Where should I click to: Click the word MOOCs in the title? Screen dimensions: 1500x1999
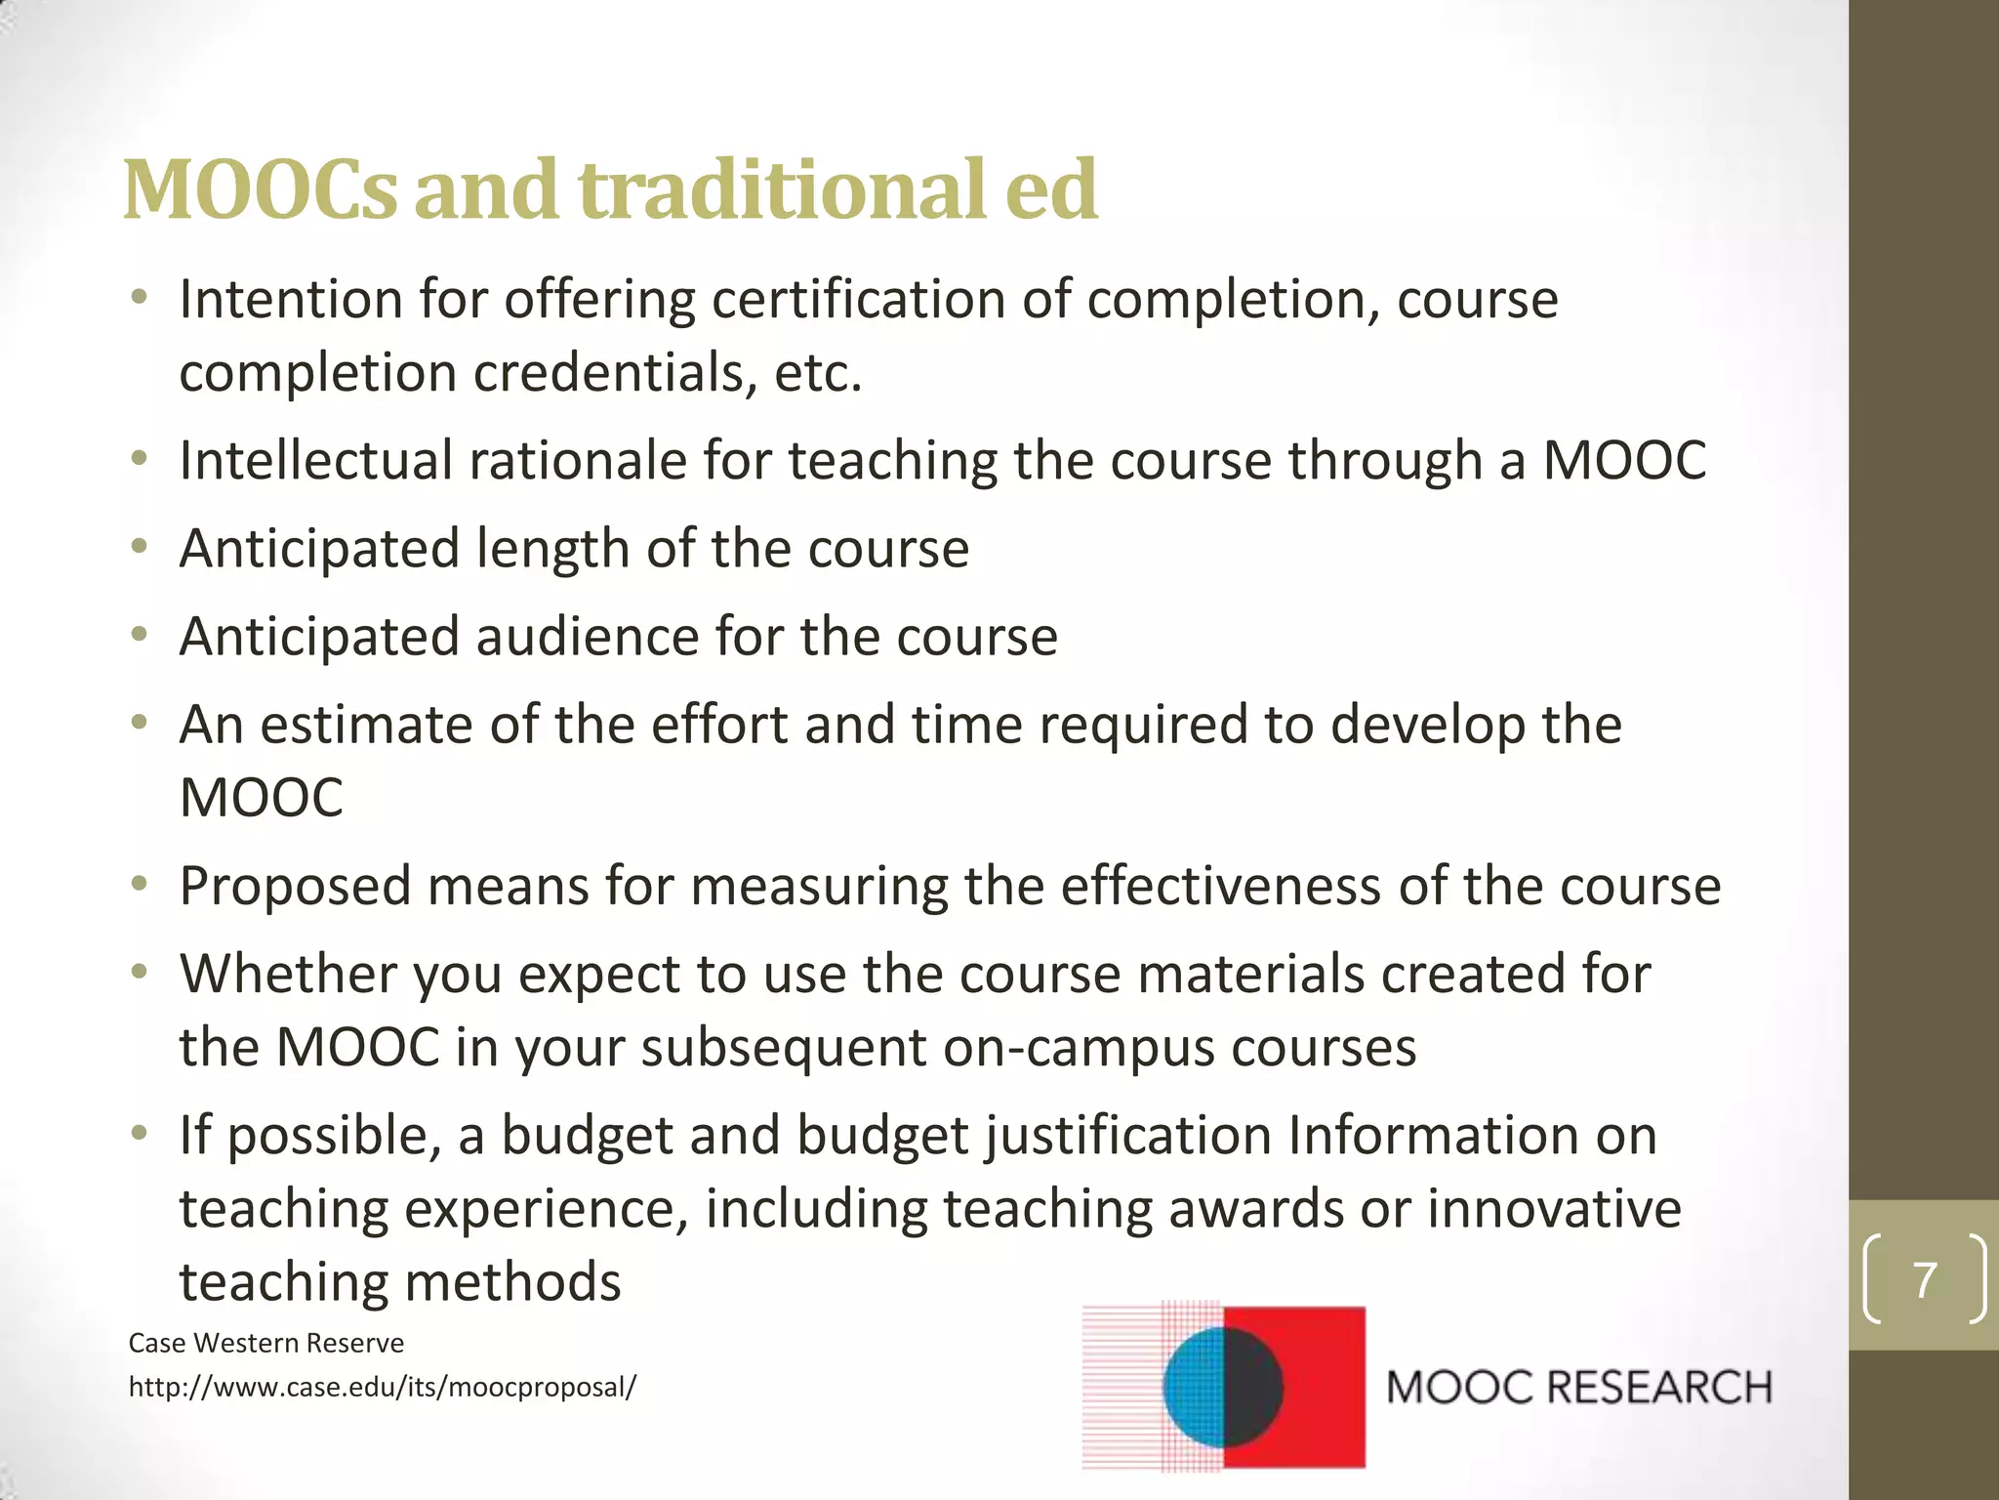pyautogui.click(x=261, y=189)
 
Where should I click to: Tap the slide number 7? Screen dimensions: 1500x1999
pyautogui.click(x=1924, y=1279)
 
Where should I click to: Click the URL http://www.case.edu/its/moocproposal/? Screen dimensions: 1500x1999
pyautogui.click(x=382, y=1387)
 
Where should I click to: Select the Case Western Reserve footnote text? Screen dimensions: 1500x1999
pyautogui.click(x=266, y=1343)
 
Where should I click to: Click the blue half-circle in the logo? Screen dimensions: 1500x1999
pyautogui.click(x=1193, y=1387)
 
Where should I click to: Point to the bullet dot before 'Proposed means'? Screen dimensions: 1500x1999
pyautogui.click(x=140, y=885)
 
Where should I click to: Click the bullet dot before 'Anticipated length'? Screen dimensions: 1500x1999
pyautogui.click(x=140, y=547)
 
